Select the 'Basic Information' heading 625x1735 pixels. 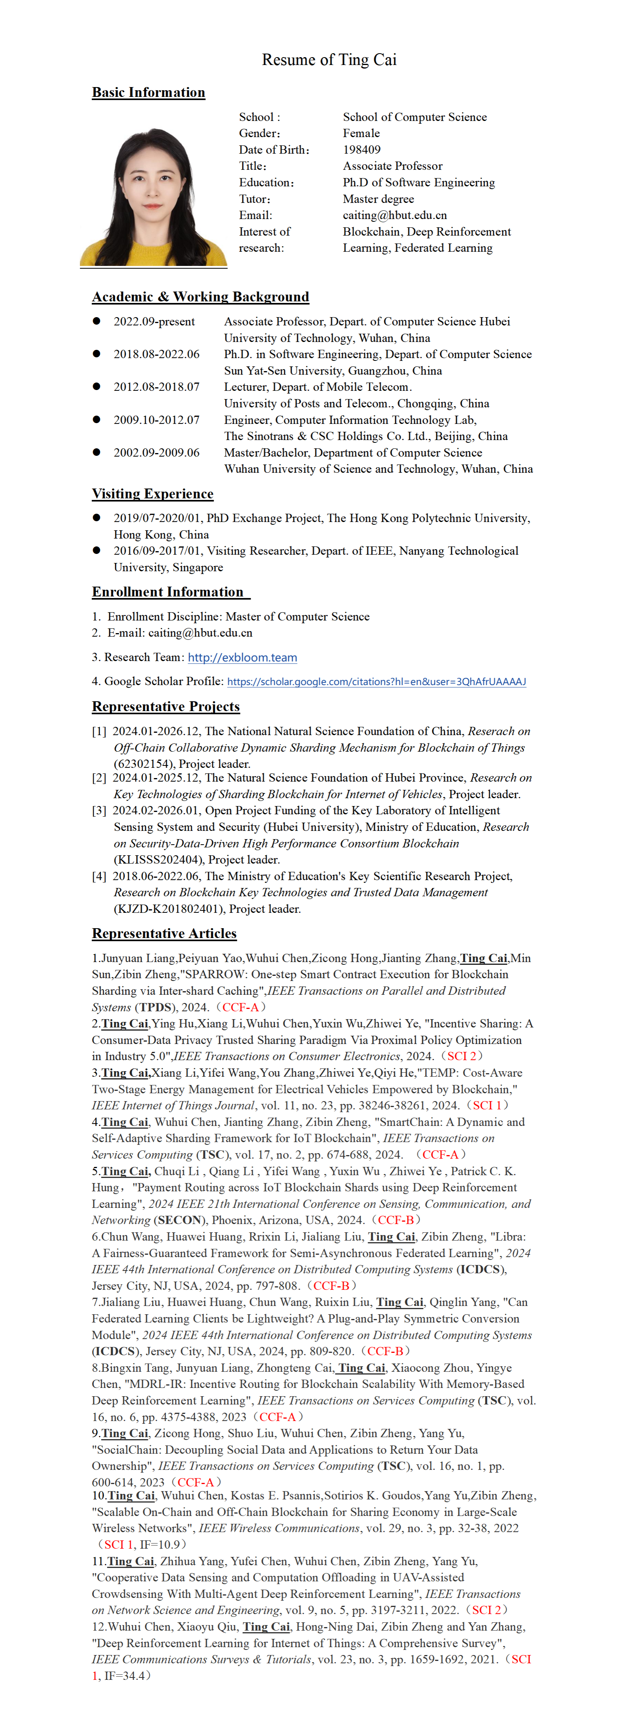tap(148, 92)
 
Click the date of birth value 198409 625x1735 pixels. tap(362, 150)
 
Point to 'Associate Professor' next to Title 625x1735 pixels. tap(392, 166)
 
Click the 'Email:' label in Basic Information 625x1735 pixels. tap(255, 215)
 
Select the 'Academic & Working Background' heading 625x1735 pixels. tap(200, 297)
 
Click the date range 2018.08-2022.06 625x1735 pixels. tap(156, 354)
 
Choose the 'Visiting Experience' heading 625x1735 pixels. tap(152, 494)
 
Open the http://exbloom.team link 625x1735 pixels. tap(242, 658)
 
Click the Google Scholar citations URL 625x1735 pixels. tap(376, 682)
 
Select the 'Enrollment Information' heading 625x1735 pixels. tap(168, 592)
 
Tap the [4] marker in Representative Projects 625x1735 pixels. tap(99, 876)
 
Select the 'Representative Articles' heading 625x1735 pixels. tap(164, 934)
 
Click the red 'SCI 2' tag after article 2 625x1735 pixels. tap(461, 1056)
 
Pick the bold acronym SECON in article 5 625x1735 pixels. tap(180, 1220)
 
